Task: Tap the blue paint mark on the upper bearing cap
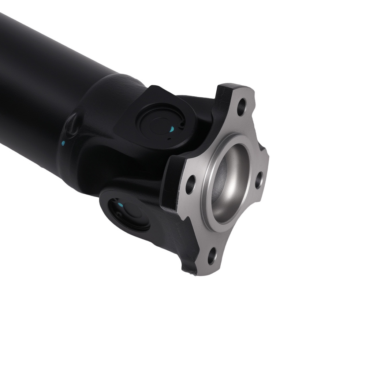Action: coord(172,129)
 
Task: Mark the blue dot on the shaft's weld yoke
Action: coord(63,143)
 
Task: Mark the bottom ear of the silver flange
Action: coord(209,264)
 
